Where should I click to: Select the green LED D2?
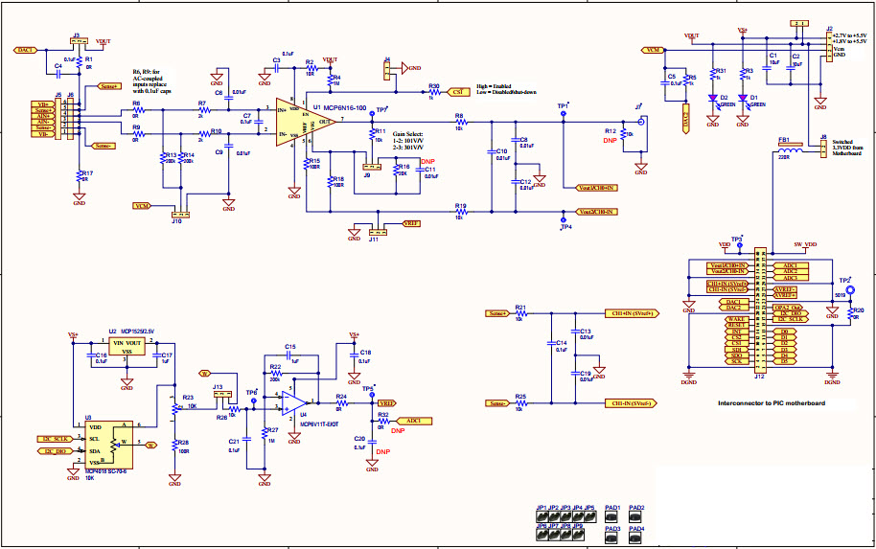(x=713, y=98)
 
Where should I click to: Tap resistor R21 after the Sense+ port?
(x=520, y=313)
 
